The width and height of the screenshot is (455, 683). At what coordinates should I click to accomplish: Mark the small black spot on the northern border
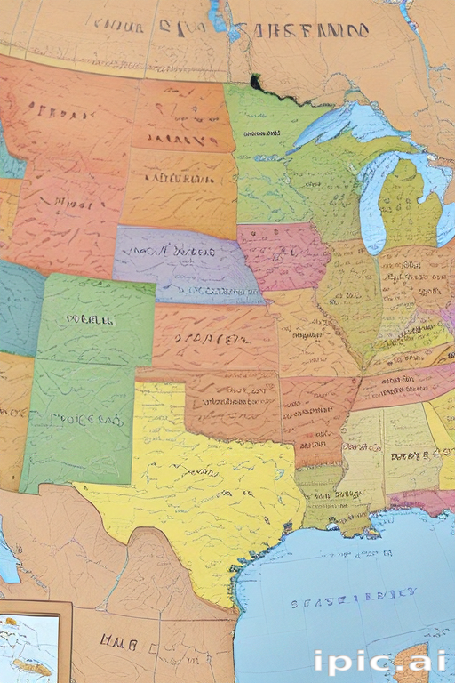(256, 84)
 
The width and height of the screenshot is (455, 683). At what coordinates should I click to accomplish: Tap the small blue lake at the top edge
(218, 16)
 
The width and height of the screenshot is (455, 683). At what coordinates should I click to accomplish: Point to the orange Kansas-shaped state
(213, 338)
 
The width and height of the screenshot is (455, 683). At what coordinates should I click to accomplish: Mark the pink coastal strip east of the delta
(418, 502)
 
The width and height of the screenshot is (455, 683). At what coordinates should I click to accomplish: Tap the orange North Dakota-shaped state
(182, 116)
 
